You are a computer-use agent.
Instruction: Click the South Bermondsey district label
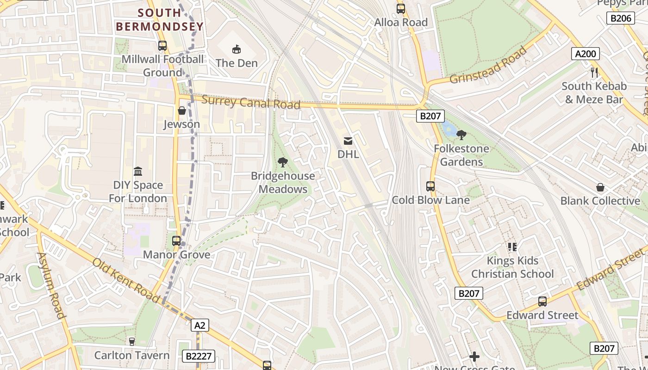[160, 20]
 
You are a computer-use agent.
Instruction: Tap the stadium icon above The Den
[236, 49]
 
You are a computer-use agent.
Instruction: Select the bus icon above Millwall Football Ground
[162, 46]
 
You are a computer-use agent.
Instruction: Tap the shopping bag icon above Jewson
[182, 111]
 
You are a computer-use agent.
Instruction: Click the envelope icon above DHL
[348, 141]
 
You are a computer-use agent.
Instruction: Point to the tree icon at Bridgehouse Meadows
[282, 162]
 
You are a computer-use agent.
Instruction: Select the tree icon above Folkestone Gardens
[461, 135]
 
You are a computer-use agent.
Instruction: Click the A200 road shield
[585, 54]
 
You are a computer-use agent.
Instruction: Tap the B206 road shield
[620, 18]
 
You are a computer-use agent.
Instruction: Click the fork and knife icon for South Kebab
[595, 73]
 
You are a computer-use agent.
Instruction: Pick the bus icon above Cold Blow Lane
[430, 186]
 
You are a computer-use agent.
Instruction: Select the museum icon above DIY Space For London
[138, 172]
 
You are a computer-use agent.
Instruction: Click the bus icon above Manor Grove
[176, 241]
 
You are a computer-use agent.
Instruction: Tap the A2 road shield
[199, 325]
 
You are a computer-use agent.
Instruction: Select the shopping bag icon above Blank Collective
[600, 187]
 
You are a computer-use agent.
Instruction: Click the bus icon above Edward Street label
[542, 302]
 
